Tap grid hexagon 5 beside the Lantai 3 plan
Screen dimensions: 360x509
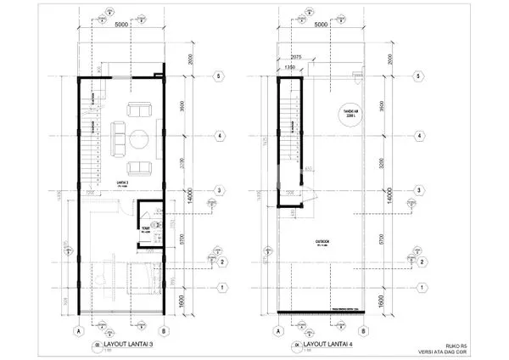(x=218, y=76)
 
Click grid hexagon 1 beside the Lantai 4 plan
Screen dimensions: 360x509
(x=419, y=308)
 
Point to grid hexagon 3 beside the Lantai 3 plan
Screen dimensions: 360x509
(x=218, y=190)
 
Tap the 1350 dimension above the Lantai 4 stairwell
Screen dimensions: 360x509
(x=289, y=64)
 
